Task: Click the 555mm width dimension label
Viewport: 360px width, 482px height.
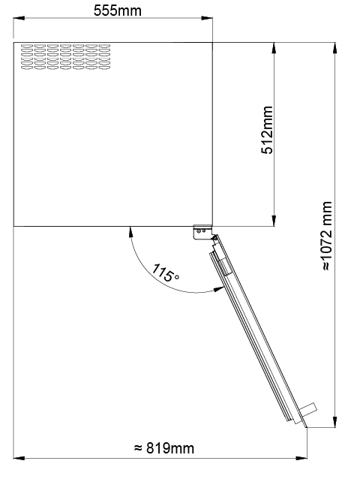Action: (x=117, y=11)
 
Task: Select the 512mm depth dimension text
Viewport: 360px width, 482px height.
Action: (x=266, y=130)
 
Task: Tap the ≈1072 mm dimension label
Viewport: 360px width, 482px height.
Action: (x=328, y=236)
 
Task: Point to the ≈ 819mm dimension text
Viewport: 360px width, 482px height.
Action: (x=164, y=448)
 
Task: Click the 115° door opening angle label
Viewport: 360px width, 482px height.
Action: (x=166, y=273)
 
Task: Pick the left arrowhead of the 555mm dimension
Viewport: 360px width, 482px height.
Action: (x=19, y=18)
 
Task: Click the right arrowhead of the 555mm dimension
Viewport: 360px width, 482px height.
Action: (x=207, y=18)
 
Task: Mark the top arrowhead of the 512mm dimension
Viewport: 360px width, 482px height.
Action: (x=274, y=48)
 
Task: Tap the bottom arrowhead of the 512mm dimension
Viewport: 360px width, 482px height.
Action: (x=274, y=221)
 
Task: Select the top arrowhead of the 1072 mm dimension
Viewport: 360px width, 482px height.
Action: (x=334, y=48)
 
